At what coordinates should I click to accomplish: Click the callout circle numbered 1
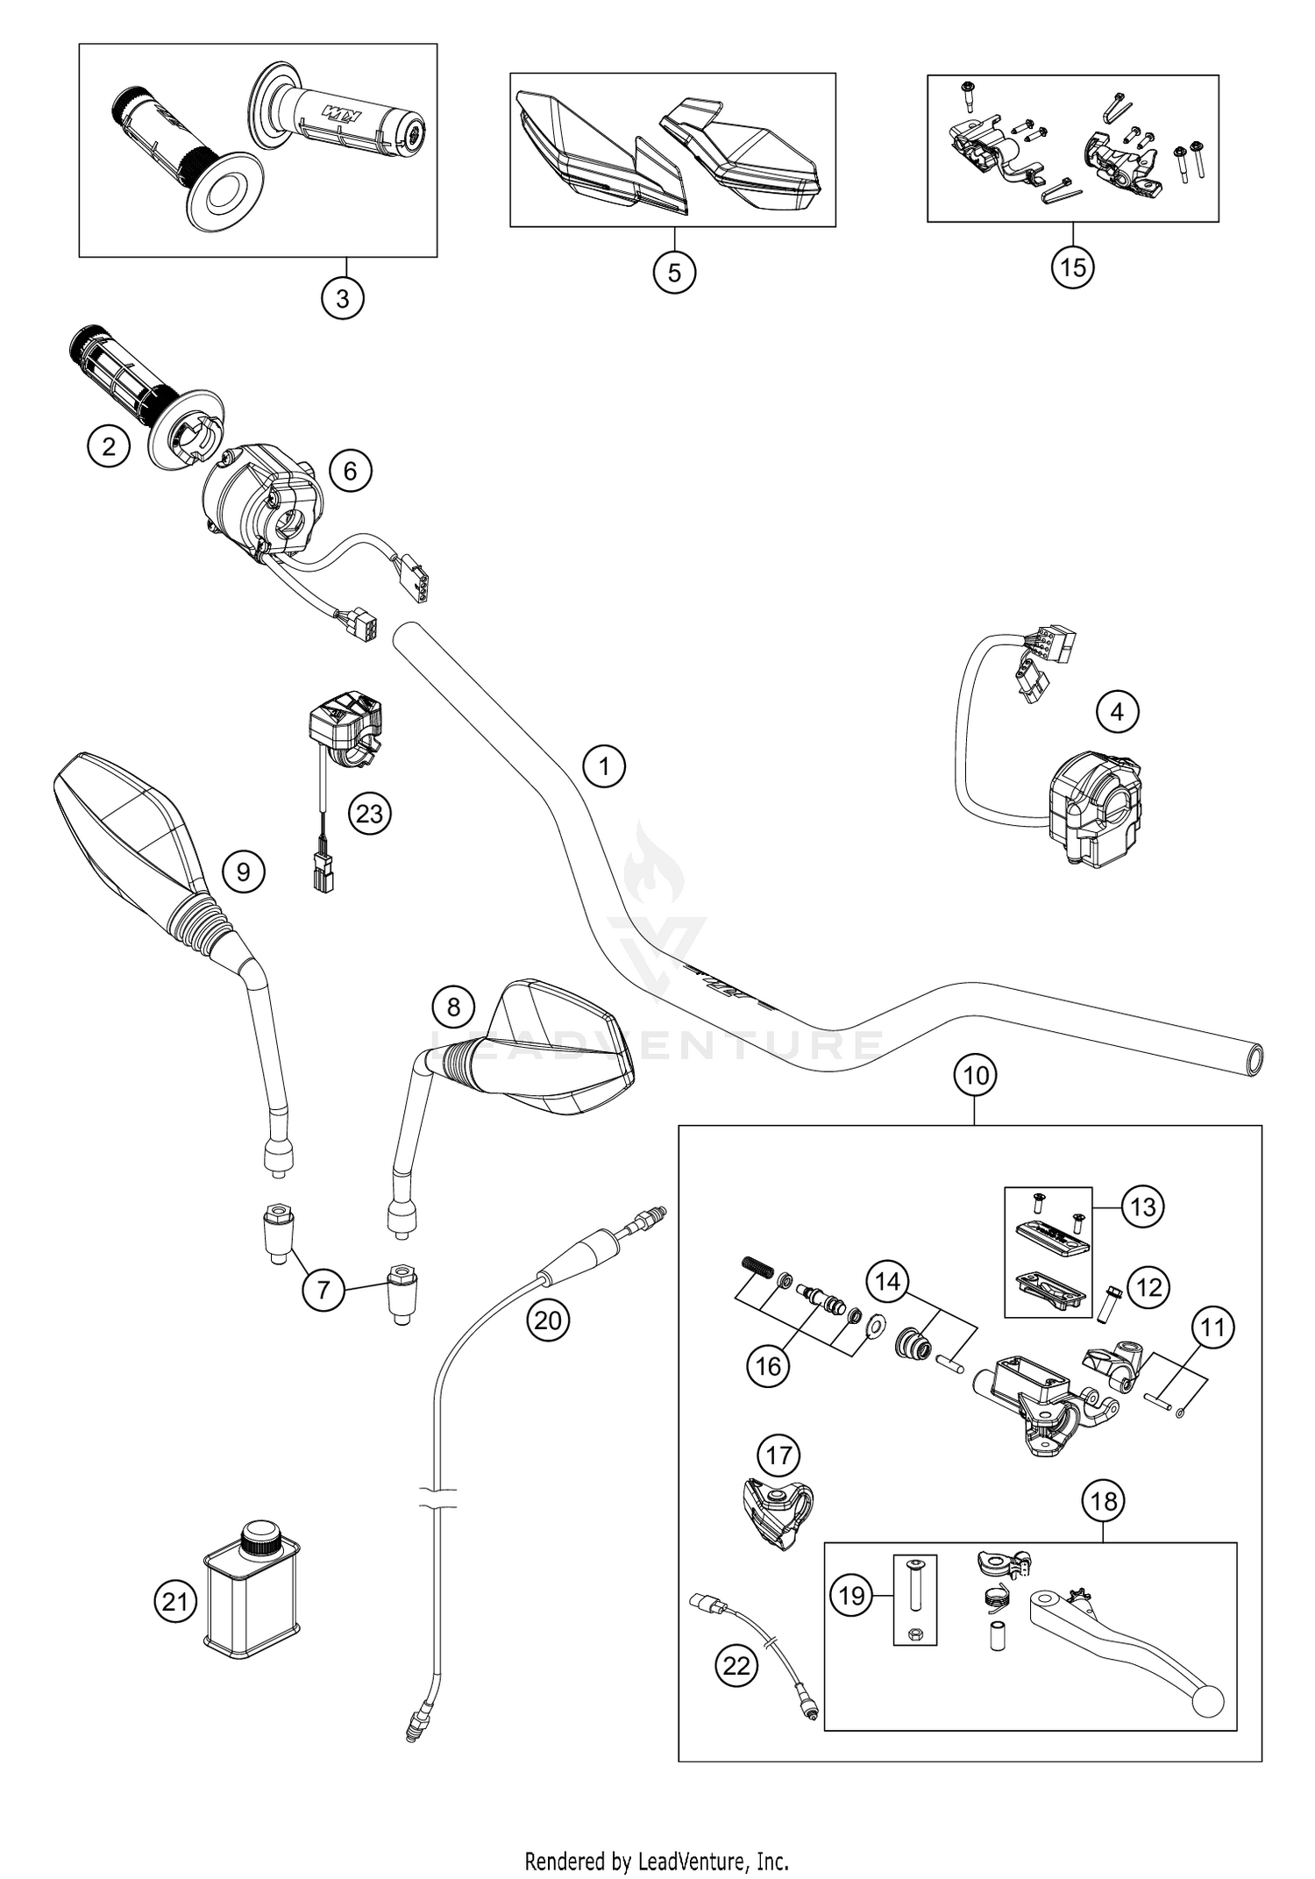[604, 766]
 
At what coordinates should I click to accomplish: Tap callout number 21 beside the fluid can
[176, 1601]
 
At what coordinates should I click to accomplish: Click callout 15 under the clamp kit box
[1073, 267]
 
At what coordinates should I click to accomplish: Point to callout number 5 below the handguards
[674, 272]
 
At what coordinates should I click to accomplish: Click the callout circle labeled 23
[369, 814]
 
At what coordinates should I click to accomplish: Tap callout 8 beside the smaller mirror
[453, 1006]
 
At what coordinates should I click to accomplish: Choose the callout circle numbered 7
[323, 1290]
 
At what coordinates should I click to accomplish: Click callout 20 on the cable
[548, 1319]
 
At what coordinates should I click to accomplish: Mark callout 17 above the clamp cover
[778, 1456]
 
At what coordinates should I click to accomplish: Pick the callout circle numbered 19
[852, 1595]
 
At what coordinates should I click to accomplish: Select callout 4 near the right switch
[1117, 711]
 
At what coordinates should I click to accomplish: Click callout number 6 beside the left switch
[350, 471]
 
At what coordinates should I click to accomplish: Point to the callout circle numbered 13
[1143, 1207]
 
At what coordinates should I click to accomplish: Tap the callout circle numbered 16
[768, 1365]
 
